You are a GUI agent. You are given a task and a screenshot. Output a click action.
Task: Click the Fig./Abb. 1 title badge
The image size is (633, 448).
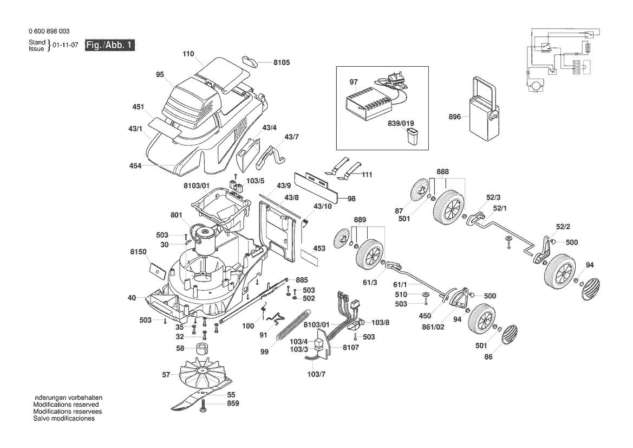click(x=110, y=45)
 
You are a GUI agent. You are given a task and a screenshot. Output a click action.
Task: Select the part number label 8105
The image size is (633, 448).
click(x=282, y=63)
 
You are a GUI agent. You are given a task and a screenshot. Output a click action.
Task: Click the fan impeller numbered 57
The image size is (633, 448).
click(x=201, y=373)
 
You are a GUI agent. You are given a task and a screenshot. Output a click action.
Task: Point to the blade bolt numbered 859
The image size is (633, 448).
click(x=204, y=406)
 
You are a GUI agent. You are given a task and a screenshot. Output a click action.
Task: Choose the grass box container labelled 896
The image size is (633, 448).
click(x=483, y=109)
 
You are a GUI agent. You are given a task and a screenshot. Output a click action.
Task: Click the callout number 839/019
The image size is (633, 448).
click(x=401, y=123)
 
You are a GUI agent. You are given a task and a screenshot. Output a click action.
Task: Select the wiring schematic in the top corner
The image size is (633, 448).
click(x=563, y=60)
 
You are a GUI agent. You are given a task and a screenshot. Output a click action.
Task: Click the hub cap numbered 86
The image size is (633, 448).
click(x=509, y=334)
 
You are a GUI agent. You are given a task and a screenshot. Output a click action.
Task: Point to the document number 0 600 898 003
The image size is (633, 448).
click(x=49, y=31)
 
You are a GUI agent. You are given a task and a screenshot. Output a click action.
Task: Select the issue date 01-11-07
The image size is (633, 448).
click(x=66, y=45)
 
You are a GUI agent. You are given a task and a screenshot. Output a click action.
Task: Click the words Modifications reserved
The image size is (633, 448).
click(x=66, y=404)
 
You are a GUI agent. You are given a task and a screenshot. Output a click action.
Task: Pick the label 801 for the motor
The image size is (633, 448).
click(x=177, y=215)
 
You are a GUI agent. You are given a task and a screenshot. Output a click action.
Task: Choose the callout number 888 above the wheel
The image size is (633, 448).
click(x=442, y=171)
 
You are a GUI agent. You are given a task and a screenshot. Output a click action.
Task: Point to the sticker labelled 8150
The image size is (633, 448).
click(x=157, y=270)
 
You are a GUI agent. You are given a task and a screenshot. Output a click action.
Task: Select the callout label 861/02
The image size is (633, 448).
click(x=433, y=327)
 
